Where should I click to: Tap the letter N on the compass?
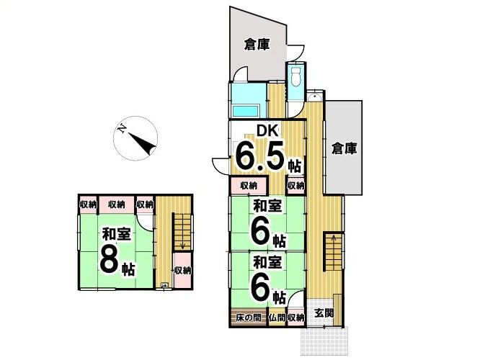click(123, 129)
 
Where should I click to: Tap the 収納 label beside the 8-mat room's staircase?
click(182, 271)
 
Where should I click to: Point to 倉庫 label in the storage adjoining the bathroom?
click(256, 45)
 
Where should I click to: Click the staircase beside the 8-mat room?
click(182, 230)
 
